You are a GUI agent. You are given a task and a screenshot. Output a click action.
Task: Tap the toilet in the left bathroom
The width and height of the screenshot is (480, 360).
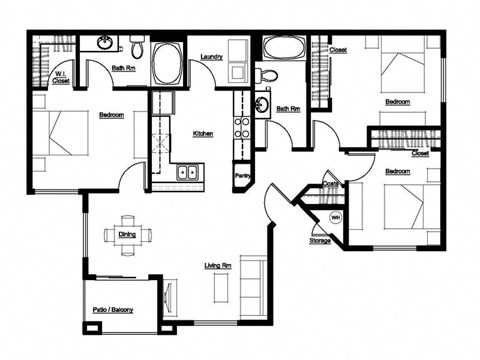point(137,46)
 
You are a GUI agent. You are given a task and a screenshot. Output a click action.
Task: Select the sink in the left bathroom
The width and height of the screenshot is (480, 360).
point(103,44)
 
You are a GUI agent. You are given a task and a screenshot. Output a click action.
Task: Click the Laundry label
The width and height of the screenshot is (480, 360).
point(210,56)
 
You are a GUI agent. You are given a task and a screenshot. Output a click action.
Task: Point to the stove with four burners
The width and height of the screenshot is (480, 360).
point(242,126)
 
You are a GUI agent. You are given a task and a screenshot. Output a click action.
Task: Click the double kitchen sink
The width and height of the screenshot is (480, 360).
point(188,173)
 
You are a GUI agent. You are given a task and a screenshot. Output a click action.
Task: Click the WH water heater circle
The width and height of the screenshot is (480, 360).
point(335,217)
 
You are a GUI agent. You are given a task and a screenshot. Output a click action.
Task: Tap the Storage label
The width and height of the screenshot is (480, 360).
point(320,240)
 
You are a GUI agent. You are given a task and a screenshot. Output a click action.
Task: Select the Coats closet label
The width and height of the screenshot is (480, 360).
point(330,184)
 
